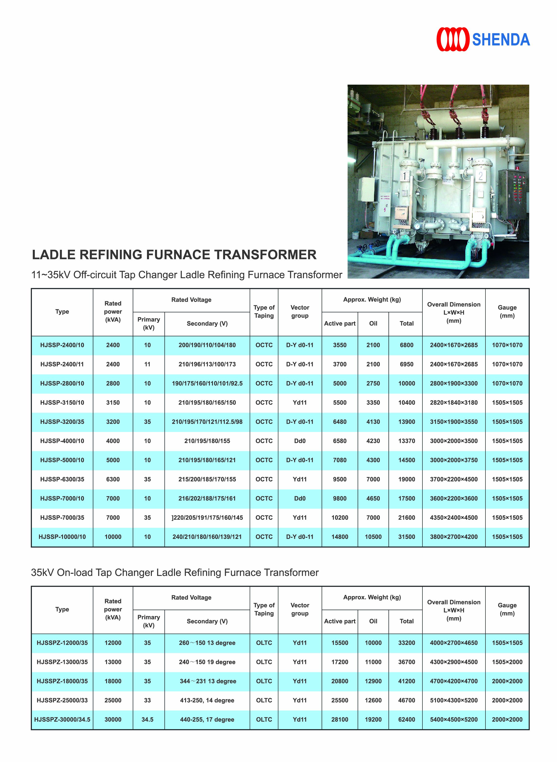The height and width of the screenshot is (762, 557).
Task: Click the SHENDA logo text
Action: (x=501, y=40)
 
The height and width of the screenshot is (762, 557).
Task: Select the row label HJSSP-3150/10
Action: (x=62, y=402)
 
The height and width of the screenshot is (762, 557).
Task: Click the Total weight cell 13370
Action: (x=406, y=441)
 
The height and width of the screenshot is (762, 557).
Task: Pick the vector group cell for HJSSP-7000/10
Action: (x=300, y=498)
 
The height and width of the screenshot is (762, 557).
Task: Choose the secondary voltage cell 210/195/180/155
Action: (x=207, y=441)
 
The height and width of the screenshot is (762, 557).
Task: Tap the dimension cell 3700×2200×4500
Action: (x=454, y=479)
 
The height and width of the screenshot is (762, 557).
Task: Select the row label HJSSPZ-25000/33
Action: (x=62, y=700)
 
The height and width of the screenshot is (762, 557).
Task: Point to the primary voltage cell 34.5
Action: (x=147, y=719)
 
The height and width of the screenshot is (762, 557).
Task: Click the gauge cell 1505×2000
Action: (x=507, y=662)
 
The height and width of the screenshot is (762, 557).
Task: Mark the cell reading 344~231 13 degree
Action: (x=208, y=681)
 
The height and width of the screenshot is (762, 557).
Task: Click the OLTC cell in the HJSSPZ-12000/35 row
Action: (x=264, y=643)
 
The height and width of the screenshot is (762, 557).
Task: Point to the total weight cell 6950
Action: (x=406, y=364)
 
